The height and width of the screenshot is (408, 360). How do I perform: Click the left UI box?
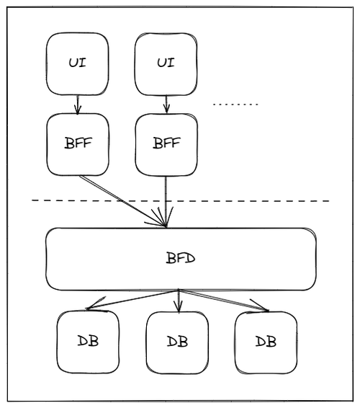point(78,64)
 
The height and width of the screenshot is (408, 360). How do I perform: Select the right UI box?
point(166,64)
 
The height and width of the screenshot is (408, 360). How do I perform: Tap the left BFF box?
point(78,144)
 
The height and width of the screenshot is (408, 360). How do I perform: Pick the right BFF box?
point(166,145)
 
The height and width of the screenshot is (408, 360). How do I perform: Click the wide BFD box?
point(181,260)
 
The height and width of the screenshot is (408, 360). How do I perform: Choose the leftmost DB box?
point(88,342)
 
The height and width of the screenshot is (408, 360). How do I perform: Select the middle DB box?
point(177,343)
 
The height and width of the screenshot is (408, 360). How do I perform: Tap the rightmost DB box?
point(266,342)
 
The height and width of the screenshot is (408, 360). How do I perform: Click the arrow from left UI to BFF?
point(78,105)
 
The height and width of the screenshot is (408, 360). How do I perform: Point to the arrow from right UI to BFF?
point(166,105)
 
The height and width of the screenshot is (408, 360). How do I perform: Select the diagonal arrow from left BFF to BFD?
point(122,201)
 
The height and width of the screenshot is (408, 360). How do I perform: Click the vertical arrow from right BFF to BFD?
point(166,202)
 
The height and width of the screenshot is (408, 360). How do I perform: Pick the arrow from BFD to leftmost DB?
point(132,299)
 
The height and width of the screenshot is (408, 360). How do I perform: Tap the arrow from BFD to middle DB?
point(179,301)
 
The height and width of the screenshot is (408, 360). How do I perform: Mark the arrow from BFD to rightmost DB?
point(223,300)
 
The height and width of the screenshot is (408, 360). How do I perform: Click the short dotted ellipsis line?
point(235,105)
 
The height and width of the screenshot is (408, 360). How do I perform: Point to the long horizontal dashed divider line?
point(181,200)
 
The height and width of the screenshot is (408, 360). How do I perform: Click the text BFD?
point(181,258)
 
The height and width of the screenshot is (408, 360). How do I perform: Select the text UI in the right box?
point(166,63)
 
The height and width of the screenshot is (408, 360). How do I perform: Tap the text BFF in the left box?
point(78,143)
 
